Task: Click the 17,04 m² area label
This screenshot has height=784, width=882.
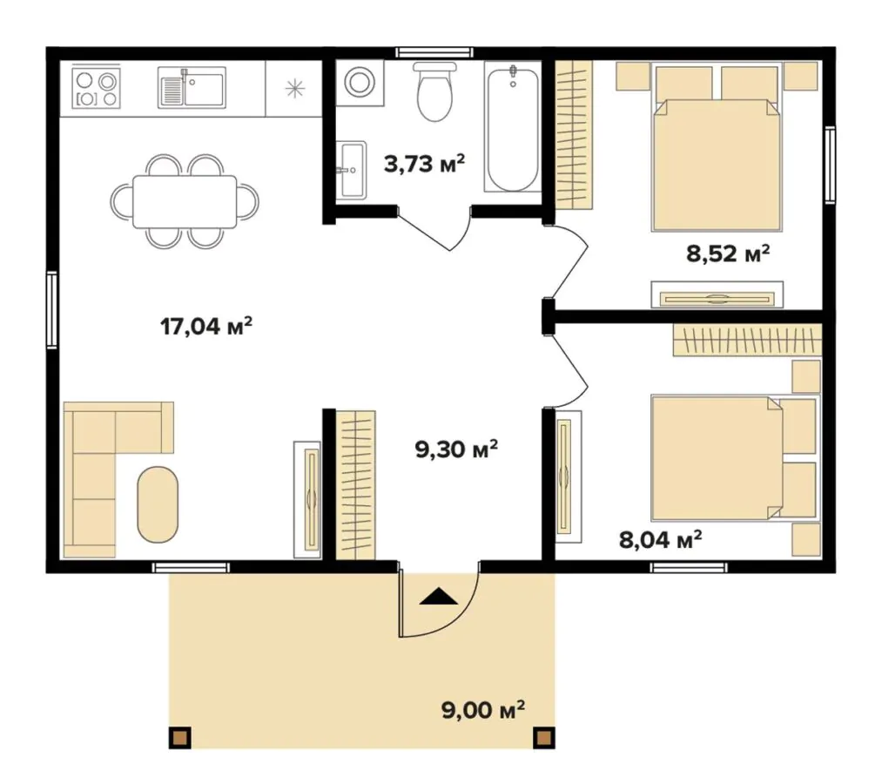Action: [x=205, y=326]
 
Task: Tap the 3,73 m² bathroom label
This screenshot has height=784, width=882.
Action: [x=424, y=164]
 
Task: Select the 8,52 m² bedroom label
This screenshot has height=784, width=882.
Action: [x=727, y=253]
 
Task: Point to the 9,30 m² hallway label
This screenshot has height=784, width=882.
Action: [x=456, y=449]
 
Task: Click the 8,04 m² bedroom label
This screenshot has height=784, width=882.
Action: [x=660, y=539]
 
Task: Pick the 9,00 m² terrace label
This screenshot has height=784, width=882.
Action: [x=483, y=710]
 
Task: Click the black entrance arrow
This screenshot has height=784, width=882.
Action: [x=439, y=597]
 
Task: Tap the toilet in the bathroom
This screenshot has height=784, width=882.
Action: [x=434, y=91]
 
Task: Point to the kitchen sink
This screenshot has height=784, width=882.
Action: [x=192, y=87]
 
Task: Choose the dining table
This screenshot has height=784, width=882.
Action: [x=185, y=201]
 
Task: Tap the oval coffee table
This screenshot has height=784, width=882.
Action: [x=158, y=504]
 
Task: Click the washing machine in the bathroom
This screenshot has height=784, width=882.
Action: [x=360, y=84]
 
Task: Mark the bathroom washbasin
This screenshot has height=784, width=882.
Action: [x=352, y=169]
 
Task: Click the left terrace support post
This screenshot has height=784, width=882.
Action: [x=180, y=737]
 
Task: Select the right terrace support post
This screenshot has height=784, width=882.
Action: [x=544, y=737]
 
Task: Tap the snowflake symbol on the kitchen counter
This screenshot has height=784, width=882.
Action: [x=295, y=89]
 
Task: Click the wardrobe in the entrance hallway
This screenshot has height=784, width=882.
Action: [x=355, y=485]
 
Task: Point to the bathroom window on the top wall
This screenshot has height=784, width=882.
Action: [x=434, y=52]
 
